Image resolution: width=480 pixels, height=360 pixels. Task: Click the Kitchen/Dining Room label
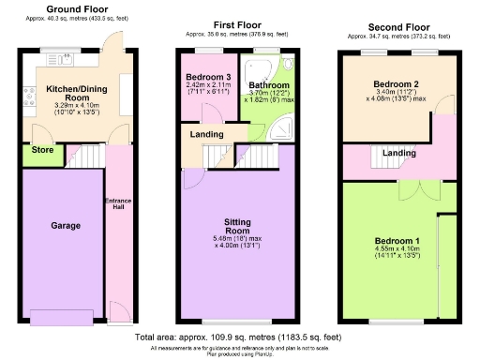[x=73, y=92]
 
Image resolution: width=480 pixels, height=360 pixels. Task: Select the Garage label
[x=66, y=226]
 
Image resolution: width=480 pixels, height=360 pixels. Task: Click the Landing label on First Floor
[x=206, y=134]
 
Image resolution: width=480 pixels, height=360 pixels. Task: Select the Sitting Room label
[x=236, y=225]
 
